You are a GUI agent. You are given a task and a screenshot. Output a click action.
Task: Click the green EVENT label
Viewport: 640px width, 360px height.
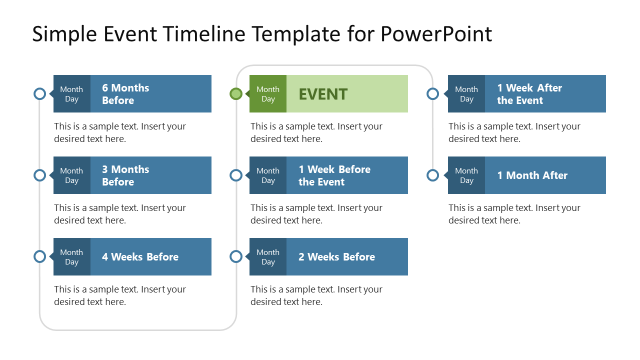[x=323, y=94]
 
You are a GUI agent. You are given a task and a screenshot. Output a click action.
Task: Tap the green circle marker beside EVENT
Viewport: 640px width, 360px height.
[x=236, y=93]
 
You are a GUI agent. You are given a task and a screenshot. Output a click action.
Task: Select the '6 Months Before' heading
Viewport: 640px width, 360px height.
[x=125, y=94]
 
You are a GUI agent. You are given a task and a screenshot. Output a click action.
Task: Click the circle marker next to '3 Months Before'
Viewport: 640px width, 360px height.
[x=39, y=175]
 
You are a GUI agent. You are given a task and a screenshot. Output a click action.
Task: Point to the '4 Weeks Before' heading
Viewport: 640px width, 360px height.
[x=140, y=257]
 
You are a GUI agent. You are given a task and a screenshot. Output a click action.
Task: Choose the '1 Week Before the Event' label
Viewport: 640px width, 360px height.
[x=334, y=175]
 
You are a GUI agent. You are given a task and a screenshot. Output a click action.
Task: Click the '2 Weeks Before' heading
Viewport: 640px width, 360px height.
[x=336, y=257]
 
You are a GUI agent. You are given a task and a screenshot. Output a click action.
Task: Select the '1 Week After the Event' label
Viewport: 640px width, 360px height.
[x=529, y=94]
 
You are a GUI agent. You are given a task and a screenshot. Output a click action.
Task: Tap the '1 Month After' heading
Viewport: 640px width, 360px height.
[x=532, y=175]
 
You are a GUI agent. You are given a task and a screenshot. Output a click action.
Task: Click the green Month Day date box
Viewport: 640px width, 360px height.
[x=268, y=94]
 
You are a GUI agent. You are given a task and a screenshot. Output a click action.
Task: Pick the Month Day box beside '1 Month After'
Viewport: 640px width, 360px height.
[x=466, y=175]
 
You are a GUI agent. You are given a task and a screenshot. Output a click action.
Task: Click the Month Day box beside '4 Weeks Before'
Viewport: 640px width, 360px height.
[x=71, y=257]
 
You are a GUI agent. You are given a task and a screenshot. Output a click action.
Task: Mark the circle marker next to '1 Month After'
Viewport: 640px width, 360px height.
[x=433, y=175]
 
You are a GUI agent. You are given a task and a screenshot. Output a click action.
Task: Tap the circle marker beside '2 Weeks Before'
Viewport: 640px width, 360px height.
[x=236, y=256]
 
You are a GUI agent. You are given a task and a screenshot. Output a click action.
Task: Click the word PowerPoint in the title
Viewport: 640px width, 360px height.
[x=436, y=34]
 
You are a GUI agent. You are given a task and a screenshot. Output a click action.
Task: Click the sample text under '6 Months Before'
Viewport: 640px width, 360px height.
[x=120, y=132]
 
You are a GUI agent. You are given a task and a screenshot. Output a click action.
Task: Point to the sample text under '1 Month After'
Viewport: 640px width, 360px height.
[x=514, y=214]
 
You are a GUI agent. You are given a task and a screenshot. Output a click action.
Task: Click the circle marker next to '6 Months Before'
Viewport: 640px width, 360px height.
[x=39, y=93]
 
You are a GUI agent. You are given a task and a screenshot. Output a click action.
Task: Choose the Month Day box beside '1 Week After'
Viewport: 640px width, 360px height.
[x=466, y=94]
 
